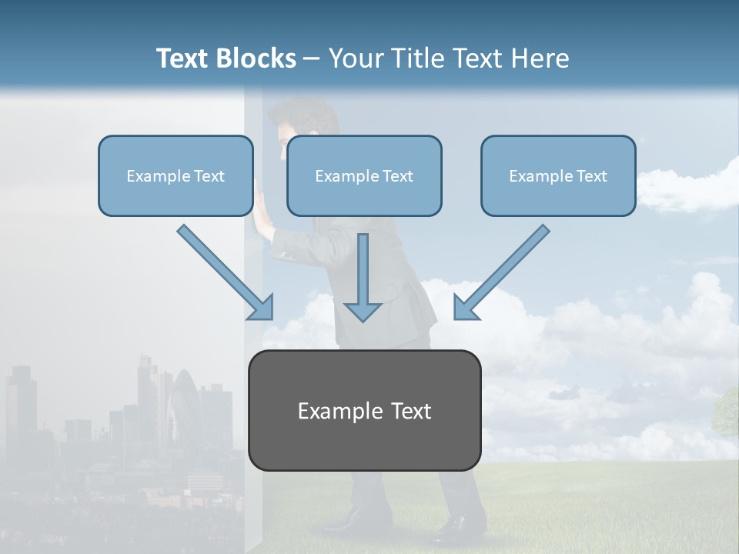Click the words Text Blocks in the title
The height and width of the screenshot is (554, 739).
coord(226,58)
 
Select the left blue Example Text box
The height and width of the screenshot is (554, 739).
coord(176,175)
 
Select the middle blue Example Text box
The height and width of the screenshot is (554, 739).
coord(364,175)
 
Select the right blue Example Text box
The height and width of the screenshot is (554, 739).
coord(558,175)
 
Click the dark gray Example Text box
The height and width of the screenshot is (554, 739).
coord(364,410)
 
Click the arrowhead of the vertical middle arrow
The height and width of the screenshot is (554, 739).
coord(363,311)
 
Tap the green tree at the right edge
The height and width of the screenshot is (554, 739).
coord(727,412)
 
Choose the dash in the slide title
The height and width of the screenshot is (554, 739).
coord(312,58)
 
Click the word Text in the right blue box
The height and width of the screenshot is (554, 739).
coord(591,176)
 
